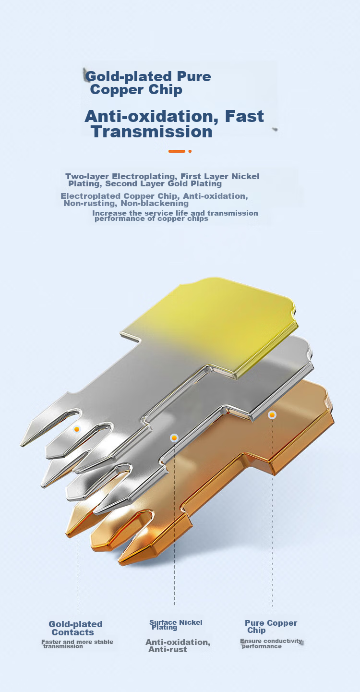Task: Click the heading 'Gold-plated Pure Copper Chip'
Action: coord(148,83)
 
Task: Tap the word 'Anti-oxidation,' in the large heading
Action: coord(149,117)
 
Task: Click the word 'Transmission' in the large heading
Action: coord(152,132)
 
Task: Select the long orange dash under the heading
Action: coord(177,151)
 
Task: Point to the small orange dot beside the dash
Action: coord(190,151)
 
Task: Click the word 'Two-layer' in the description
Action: coord(87,176)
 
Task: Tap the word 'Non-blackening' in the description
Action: coord(155,203)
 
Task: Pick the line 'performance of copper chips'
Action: coord(151,219)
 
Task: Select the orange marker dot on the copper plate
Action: coord(272,414)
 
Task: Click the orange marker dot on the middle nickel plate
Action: coord(174,438)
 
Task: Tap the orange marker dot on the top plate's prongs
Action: coord(77,429)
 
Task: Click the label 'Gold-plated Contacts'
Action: coord(75,628)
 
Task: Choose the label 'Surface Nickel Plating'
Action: coord(176,625)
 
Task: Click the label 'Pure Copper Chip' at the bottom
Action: coord(271,627)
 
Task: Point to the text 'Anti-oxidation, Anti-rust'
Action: coord(178,646)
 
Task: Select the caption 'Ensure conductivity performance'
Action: coord(271,643)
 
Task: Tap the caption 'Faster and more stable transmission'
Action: coord(77,644)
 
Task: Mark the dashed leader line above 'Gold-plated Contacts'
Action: coord(77,521)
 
